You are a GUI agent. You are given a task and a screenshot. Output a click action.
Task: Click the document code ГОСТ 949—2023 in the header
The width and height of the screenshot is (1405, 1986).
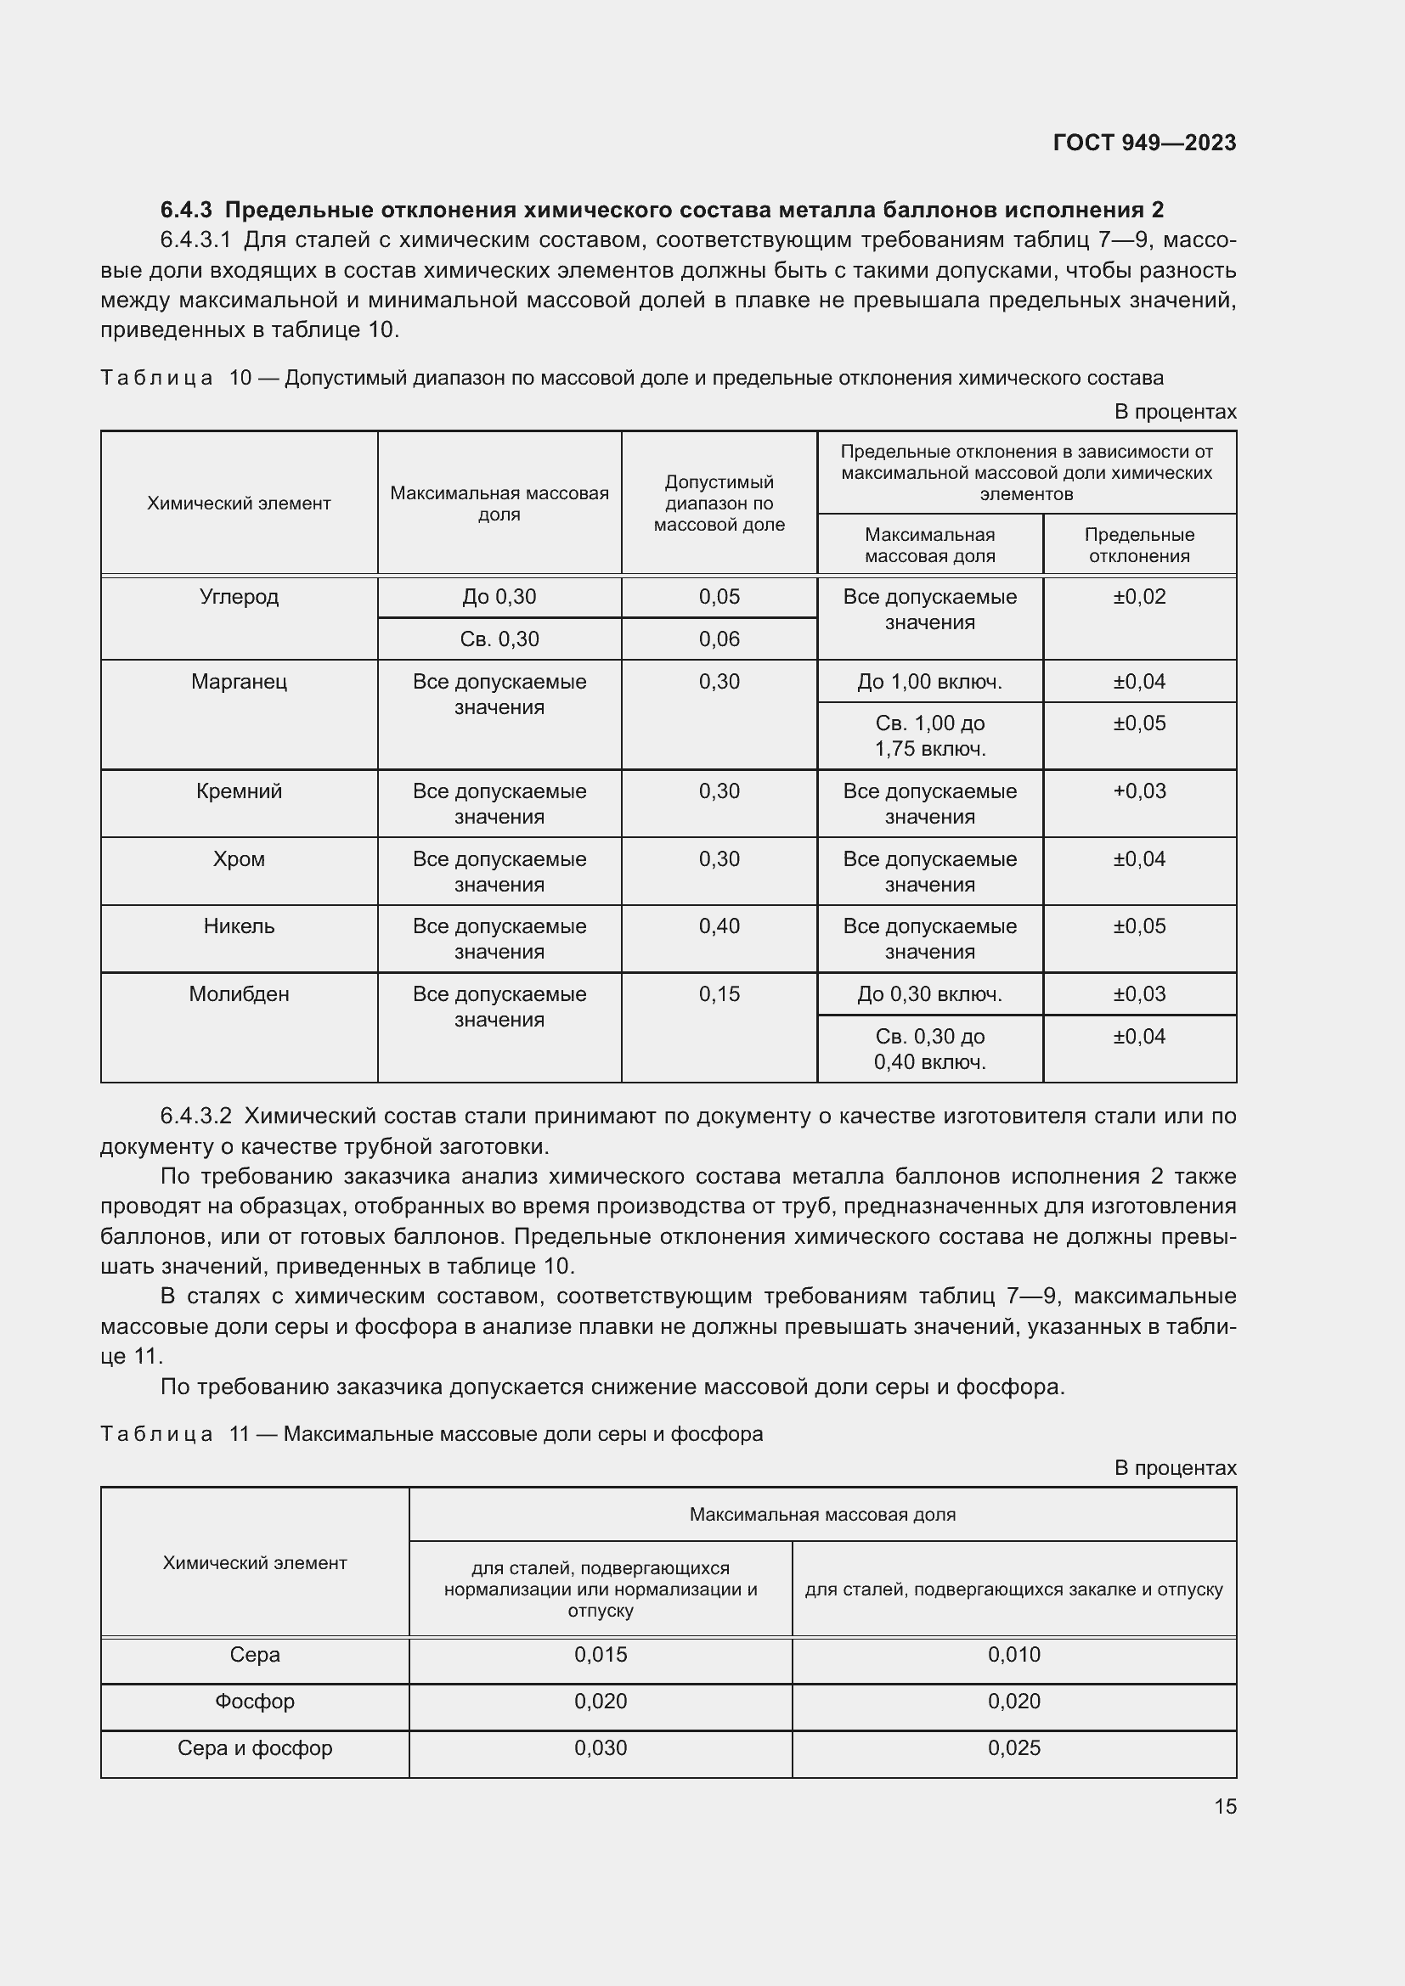(1143, 143)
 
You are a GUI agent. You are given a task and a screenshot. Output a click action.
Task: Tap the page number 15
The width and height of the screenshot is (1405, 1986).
(1224, 1806)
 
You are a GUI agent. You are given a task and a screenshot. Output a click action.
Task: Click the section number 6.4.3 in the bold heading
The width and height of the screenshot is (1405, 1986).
(186, 211)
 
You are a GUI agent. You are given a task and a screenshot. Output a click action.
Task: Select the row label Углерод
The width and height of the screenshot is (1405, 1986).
(239, 597)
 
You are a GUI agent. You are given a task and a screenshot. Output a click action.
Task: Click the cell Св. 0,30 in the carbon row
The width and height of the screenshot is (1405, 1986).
(499, 639)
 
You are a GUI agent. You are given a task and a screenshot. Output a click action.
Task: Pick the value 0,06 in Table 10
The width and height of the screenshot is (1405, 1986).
(719, 639)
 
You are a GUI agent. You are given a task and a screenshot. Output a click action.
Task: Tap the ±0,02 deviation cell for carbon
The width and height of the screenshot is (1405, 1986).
(1138, 597)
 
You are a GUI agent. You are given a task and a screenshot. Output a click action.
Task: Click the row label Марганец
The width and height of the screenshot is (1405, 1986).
(239, 682)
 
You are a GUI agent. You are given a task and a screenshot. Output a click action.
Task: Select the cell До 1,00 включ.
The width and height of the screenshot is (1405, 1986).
(929, 682)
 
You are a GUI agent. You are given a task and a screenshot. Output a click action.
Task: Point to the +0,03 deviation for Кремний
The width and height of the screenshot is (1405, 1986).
(1138, 791)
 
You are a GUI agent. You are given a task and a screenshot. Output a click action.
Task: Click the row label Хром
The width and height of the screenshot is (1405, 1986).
(239, 859)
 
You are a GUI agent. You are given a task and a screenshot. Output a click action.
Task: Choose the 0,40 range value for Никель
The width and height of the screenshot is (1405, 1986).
(719, 926)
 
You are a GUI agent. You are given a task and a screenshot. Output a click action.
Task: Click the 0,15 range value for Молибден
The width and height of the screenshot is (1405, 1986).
(719, 994)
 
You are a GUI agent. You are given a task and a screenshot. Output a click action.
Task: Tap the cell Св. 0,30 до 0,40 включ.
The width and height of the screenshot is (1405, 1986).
(929, 1049)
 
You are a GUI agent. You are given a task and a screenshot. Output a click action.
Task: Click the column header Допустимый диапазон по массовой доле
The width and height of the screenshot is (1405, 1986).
(719, 503)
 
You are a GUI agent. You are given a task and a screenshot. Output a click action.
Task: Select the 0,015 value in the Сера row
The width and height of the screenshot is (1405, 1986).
(601, 1655)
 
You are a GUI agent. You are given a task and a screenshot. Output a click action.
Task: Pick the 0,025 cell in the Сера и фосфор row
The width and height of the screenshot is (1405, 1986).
(1013, 1748)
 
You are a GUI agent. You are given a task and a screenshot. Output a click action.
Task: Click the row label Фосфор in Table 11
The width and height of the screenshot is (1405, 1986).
(254, 1702)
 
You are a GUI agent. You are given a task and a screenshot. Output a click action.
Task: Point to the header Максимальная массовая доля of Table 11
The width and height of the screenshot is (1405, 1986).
(822, 1515)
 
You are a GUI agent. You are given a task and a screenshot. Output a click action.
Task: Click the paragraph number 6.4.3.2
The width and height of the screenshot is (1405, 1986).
(195, 1116)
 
